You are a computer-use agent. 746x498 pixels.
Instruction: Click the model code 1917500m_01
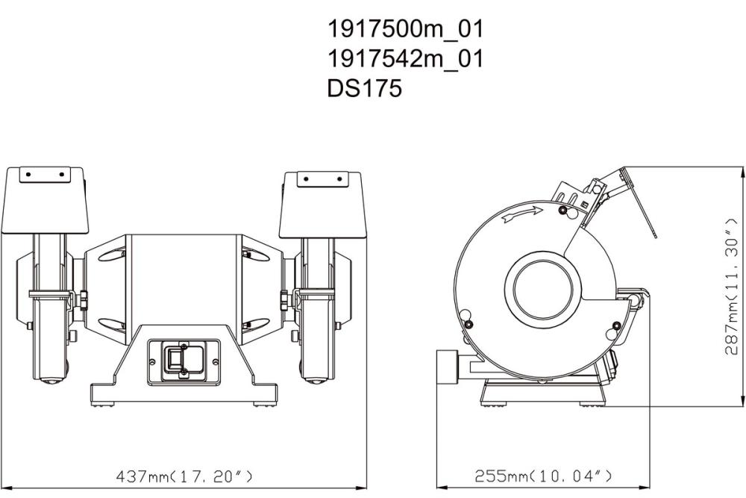click(x=405, y=29)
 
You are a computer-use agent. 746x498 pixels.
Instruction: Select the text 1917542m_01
click(x=405, y=59)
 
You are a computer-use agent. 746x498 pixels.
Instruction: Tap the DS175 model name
click(x=364, y=89)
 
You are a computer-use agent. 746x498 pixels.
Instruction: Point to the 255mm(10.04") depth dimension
click(x=544, y=476)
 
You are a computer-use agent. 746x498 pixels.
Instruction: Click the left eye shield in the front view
click(x=46, y=201)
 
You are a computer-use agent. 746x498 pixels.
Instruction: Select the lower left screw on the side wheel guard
click(x=468, y=324)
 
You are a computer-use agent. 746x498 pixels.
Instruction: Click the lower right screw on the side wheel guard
click(x=617, y=324)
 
